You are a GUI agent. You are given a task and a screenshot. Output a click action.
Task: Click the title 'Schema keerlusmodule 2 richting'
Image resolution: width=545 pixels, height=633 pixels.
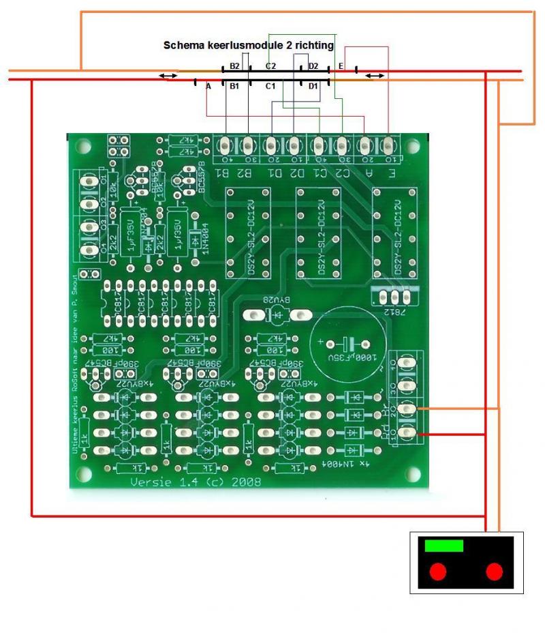(x=249, y=46)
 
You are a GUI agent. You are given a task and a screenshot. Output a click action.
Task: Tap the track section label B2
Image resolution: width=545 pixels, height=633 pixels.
(x=234, y=66)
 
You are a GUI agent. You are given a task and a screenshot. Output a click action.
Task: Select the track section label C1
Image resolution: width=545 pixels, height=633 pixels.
(x=270, y=86)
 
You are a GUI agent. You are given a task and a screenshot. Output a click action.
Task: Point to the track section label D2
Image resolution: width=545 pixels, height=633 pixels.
(x=313, y=66)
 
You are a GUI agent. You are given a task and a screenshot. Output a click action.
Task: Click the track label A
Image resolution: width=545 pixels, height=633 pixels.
(x=208, y=86)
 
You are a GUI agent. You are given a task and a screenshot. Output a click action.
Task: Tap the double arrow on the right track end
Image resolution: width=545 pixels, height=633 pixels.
(x=373, y=75)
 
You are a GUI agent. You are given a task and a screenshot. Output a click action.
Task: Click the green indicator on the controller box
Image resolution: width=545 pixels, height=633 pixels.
(x=444, y=546)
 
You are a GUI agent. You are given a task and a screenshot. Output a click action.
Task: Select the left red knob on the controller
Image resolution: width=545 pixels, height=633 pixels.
(x=438, y=571)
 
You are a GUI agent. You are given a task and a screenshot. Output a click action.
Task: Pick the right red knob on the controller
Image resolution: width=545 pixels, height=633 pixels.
(x=495, y=571)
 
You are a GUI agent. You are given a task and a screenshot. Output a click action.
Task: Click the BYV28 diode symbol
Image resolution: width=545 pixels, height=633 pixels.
(x=278, y=315)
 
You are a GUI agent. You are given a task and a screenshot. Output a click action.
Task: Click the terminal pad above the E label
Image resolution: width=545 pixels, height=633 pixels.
(x=389, y=145)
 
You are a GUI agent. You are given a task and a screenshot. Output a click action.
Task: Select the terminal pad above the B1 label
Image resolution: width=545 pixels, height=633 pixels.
(x=225, y=145)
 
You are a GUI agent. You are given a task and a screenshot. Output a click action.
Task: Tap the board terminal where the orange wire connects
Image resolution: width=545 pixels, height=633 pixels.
(x=408, y=409)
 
